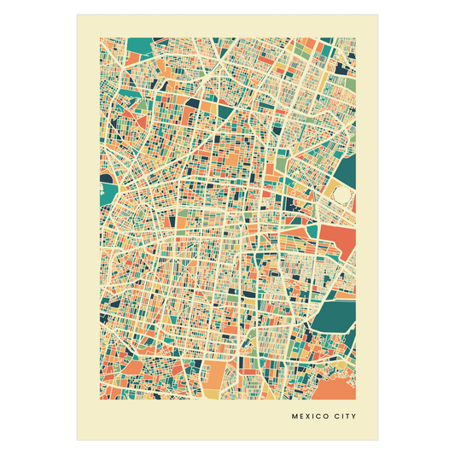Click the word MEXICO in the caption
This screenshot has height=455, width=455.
tap(311, 417)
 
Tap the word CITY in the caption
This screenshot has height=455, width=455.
tap(345, 417)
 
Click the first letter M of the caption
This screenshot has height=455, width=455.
tap(295, 417)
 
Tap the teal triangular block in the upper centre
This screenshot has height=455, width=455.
tap(225, 109)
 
